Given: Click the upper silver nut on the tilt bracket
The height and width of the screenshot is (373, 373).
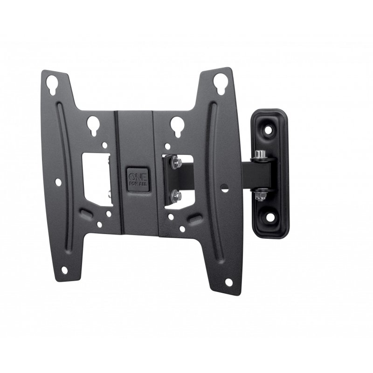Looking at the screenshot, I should coord(176,162).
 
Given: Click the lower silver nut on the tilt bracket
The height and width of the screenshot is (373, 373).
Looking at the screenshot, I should coord(176,193).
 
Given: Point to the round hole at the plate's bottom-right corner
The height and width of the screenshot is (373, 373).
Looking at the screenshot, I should coord(229,282).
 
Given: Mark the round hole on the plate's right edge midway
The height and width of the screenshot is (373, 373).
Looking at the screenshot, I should coord(225,189).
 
